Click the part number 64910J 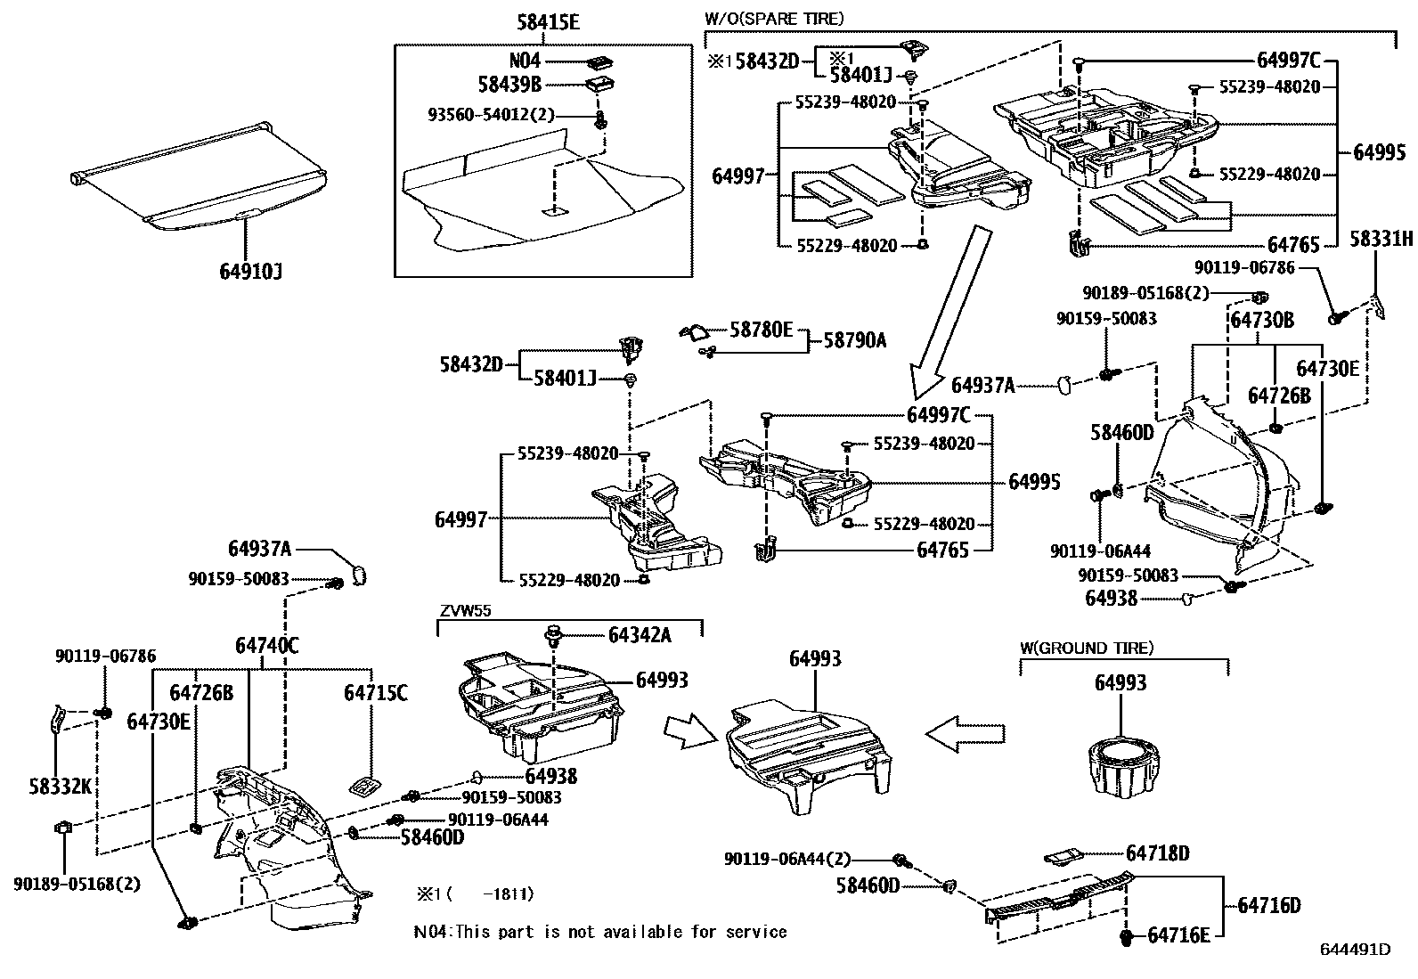(x=250, y=270)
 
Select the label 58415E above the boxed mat (x=547, y=23)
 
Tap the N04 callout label (x=525, y=61)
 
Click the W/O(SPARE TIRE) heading (x=773, y=18)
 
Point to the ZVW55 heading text (x=465, y=611)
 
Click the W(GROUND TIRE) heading (x=1087, y=649)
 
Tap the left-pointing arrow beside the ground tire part (x=965, y=732)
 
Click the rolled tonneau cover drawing (x=200, y=178)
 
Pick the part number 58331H (x=1381, y=239)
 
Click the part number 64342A (x=640, y=634)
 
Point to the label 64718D (x=1157, y=853)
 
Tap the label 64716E (x=1178, y=935)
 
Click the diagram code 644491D (x=1355, y=950)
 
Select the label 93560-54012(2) (x=491, y=115)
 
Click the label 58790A (x=854, y=339)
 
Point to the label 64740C (x=266, y=645)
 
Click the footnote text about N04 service (x=600, y=932)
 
